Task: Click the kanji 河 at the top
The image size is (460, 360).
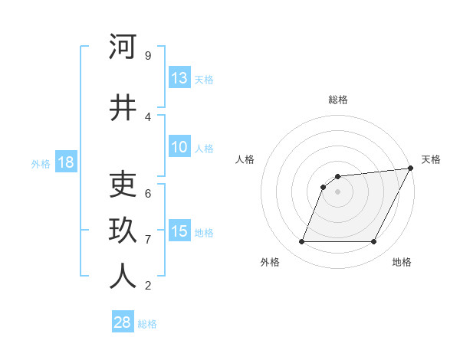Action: (123, 47)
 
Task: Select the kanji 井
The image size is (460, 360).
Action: (123, 108)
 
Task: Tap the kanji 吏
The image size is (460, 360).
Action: (123, 185)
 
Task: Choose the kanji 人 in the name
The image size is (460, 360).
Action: (123, 277)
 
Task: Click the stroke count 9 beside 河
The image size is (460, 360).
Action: (147, 56)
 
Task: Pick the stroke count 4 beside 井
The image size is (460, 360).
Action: (147, 117)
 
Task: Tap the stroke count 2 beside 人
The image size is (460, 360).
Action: (147, 286)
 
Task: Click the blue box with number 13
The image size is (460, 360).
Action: (179, 78)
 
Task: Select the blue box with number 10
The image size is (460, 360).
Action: (179, 147)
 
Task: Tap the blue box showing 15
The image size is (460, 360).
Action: (179, 231)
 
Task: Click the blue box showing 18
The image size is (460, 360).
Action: (65, 162)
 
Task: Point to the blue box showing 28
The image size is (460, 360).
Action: (123, 322)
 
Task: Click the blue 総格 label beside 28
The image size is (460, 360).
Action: (147, 324)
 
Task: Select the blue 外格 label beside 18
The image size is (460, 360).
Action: (41, 163)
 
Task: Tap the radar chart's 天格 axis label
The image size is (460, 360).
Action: (431, 159)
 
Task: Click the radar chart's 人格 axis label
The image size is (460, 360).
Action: (245, 159)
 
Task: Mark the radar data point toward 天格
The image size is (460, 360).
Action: (410, 169)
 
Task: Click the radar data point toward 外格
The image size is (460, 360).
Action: (301, 242)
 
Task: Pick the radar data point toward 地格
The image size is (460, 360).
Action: (374, 242)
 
